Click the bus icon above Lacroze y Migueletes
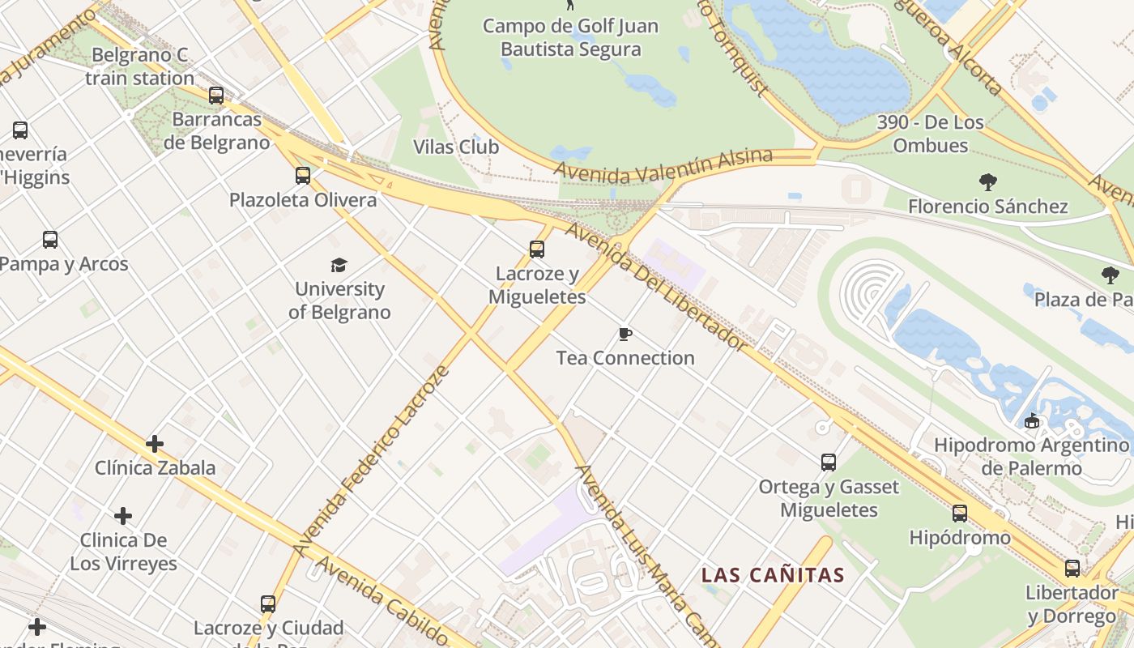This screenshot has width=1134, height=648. coord(536,249)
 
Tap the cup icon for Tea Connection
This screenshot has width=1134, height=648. coord(625,334)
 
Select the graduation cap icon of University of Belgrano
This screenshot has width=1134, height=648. coord(339,265)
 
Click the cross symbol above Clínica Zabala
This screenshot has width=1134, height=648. coord(154,444)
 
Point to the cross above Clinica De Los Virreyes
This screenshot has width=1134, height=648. coord(123,516)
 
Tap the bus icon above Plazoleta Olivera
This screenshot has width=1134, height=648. coord(303,176)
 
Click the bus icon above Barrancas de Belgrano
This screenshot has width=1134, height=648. coord(216,96)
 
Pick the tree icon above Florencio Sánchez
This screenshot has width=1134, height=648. coord(987,182)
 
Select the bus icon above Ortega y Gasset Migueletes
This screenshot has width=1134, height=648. coord(829,463)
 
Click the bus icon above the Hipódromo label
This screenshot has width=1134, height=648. coord(960,514)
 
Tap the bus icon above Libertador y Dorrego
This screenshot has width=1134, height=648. coord(1072,569)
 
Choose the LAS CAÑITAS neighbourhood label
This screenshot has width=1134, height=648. coord(773,576)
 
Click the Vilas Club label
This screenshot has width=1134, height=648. coord(456,147)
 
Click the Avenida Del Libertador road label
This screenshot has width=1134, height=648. coord(656,286)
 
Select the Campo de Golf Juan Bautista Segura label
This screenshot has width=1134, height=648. coord(570,37)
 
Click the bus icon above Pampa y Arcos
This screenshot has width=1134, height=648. coord(50,240)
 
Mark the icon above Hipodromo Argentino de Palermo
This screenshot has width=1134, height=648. coord(1031,421)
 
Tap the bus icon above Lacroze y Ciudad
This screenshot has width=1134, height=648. coord(268,604)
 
